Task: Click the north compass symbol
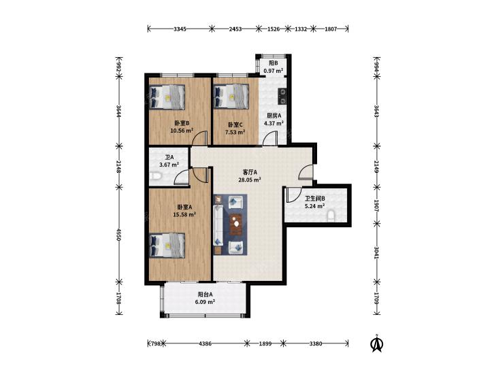click(x=377, y=343)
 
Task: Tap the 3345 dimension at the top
click(x=180, y=29)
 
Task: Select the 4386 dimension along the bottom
click(x=205, y=343)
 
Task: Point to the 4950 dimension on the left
click(x=118, y=235)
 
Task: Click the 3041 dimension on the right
click(x=377, y=253)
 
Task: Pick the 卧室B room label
click(x=182, y=123)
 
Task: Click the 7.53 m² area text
click(x=235, y=132)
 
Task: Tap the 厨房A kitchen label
click(x=274, y=116)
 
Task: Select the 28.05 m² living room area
click(x=250, y=180)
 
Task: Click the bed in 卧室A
click(x=167, y=246)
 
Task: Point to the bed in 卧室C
click(x=231, y=97)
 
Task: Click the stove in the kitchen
click(x=282, y=97)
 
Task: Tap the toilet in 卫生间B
click(x=331, y=216)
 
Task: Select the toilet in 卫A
click(x=154, y=176)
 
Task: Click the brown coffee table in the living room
click(x=235, y=224)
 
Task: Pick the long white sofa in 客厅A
click(x=218, y=225)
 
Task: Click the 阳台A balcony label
click(x=205, y=294)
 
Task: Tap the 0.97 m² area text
click(x=274, y=71)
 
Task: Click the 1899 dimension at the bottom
click(x=265, y=343)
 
